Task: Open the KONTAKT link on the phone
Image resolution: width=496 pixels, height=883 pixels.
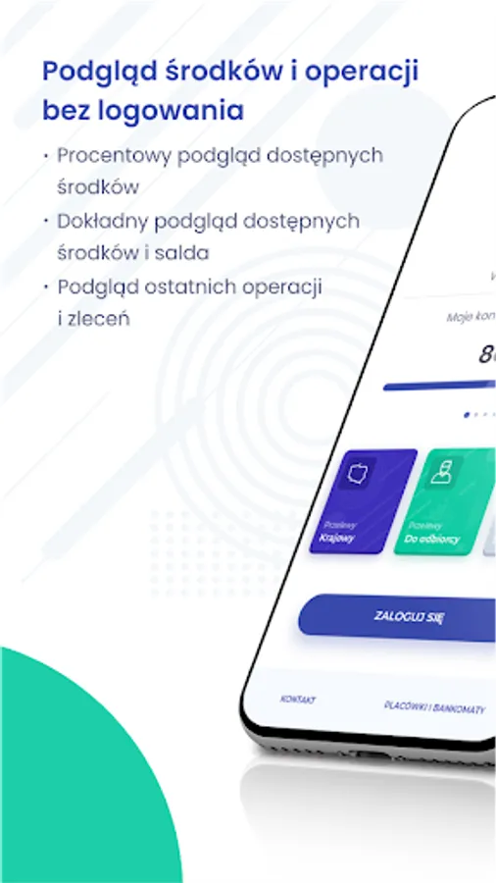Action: (298, 700)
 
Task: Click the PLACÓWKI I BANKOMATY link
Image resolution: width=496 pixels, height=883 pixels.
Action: (433, 707)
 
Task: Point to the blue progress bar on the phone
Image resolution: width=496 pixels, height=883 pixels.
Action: (440, 387)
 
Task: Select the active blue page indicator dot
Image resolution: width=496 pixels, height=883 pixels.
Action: (467, 414)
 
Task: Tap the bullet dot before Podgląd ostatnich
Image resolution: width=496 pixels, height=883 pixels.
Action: (45, 286)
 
